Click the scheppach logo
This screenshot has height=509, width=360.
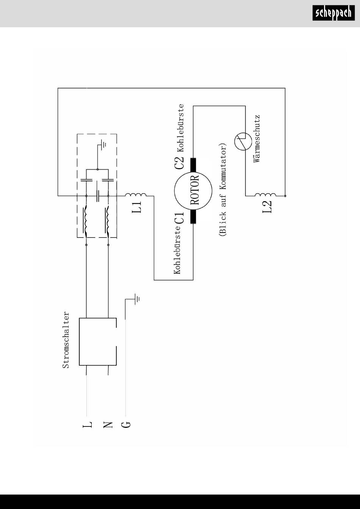[333, 13]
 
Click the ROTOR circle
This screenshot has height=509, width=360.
[174, 191]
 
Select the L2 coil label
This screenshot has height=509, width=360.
[267, 207]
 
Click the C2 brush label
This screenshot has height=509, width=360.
[179, 163]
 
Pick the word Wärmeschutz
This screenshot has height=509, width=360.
[257, 139]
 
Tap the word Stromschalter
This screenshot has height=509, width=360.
[66, 340]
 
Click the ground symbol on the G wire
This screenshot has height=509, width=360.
[137, 299]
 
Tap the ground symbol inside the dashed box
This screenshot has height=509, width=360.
[103, 144]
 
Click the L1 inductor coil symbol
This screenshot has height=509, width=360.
[136, 195]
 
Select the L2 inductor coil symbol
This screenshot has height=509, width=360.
[266, 195]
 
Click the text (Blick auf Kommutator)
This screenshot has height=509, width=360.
[222, 190]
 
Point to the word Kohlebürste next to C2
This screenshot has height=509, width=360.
[181, 128]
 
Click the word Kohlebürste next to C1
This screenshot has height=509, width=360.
[177, 250]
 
